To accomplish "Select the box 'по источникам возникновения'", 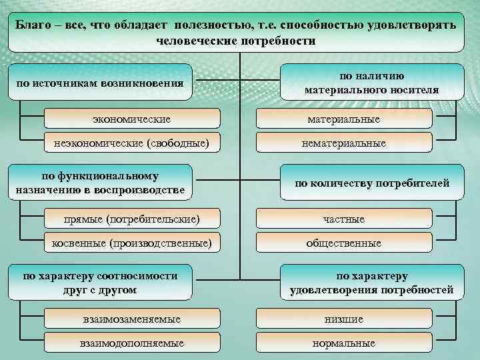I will tap(100, 83).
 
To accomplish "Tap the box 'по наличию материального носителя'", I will tap(371, 83).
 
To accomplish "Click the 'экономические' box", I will tap(131, 119).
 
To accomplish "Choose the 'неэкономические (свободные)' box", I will tap(131, 143).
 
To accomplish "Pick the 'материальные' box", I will tap(344, 119).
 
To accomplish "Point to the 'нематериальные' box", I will tap(344, 143).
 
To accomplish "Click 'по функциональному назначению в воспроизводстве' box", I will tap(100, 183).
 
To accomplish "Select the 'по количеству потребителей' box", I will tap(371, 183).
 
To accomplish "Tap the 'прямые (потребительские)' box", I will tap(131, 219).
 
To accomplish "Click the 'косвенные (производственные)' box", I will tap(131, 243).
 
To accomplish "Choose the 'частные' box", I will tap(344, 219).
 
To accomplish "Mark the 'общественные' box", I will tap(344, 243).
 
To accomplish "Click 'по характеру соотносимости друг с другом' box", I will tap(100, 283).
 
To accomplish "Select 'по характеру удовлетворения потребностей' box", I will tap(371, 283).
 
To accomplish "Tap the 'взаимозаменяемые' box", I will tap(131, 319).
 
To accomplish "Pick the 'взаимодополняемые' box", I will tap(131, 343).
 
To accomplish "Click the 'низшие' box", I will tap(344, 319).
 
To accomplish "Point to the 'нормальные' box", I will tap(344, 343).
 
